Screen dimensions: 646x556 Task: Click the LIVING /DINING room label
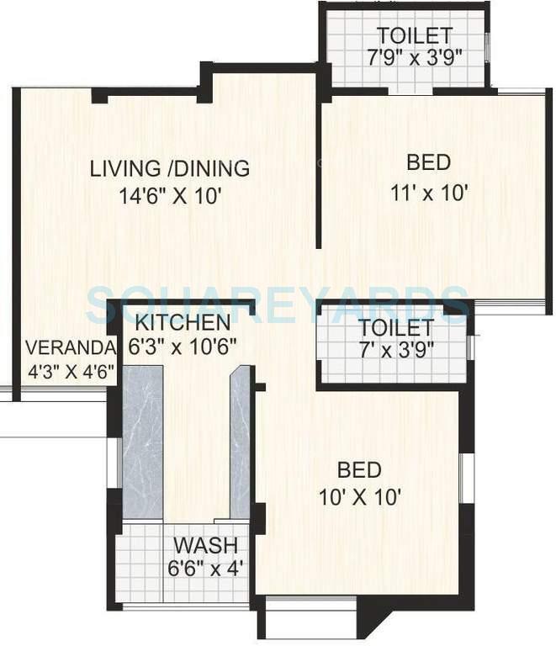point(170,168)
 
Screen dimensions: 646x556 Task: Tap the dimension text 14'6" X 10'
point(170,196)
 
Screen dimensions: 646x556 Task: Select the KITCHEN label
point(183,323)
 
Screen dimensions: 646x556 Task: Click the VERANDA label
point(69,348)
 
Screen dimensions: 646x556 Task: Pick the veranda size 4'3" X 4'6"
point(71,371)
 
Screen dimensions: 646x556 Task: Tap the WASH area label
point(206,544)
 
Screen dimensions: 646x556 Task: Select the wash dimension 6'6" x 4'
point(206,568)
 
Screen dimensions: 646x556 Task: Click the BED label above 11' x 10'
point(428,162)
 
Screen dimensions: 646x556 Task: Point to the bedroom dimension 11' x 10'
point(429,191)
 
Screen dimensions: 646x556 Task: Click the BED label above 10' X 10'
point(359,470)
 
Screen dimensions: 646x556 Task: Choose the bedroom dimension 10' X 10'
point(359,496)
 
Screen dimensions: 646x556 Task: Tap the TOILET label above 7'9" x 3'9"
point(414,36)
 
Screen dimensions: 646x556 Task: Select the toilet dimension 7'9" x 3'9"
point(414,58)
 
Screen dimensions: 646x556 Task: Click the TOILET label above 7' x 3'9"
point(395,327)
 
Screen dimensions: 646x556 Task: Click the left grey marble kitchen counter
point(143,442)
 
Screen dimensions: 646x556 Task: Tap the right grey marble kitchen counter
point(241,442)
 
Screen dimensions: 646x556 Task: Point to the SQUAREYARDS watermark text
point(278,300)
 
